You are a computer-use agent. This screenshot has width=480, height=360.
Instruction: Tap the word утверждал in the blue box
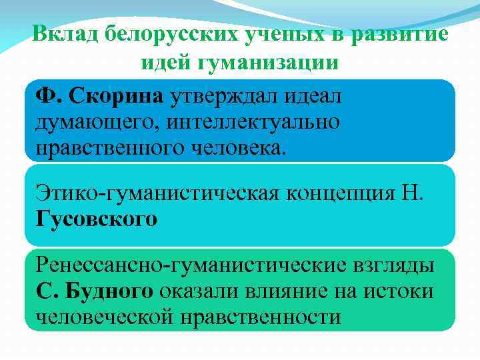point(221,97)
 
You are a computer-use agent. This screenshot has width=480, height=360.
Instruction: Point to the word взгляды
point(393,267)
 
